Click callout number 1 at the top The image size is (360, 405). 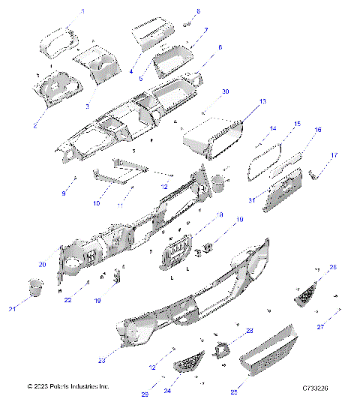pyautogui.click(x=82, y=11)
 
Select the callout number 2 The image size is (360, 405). pyautogui.click(x=34, y=125)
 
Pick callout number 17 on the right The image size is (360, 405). pyautogui.click(x=334, y=155)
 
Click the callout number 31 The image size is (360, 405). pyautogui.click(x=253, y=199)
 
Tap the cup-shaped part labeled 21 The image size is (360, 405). pyautogui.click(x=35, y=289)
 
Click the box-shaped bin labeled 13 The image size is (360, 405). pyautogui.click(x=214, y=139)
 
